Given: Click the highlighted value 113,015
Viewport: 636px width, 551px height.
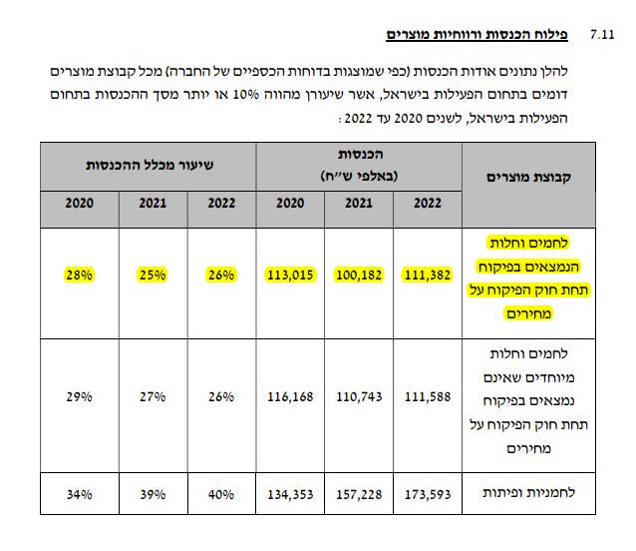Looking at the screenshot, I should tap(290, 274).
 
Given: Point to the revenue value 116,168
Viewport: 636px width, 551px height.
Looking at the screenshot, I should tap(290, 396).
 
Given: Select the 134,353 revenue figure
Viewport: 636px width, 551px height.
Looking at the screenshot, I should tap(290, 494).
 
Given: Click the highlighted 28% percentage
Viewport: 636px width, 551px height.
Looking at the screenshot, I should tap(80, 274).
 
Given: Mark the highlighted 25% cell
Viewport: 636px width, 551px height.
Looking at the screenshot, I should tap(151, 274).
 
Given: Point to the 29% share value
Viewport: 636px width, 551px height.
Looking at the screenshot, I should tap(80, 396).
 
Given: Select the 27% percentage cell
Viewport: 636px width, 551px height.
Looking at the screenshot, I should tap(151, 396).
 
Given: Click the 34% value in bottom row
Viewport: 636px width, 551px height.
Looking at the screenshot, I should tap(80, 494).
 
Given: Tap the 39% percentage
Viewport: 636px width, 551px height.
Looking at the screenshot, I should tap(151, 494).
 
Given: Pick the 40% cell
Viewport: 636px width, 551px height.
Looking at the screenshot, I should tap(221, 494).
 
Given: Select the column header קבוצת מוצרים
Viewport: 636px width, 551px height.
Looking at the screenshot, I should tap(529, 177).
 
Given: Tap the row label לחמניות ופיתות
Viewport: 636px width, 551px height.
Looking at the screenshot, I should tap(534, 494).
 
